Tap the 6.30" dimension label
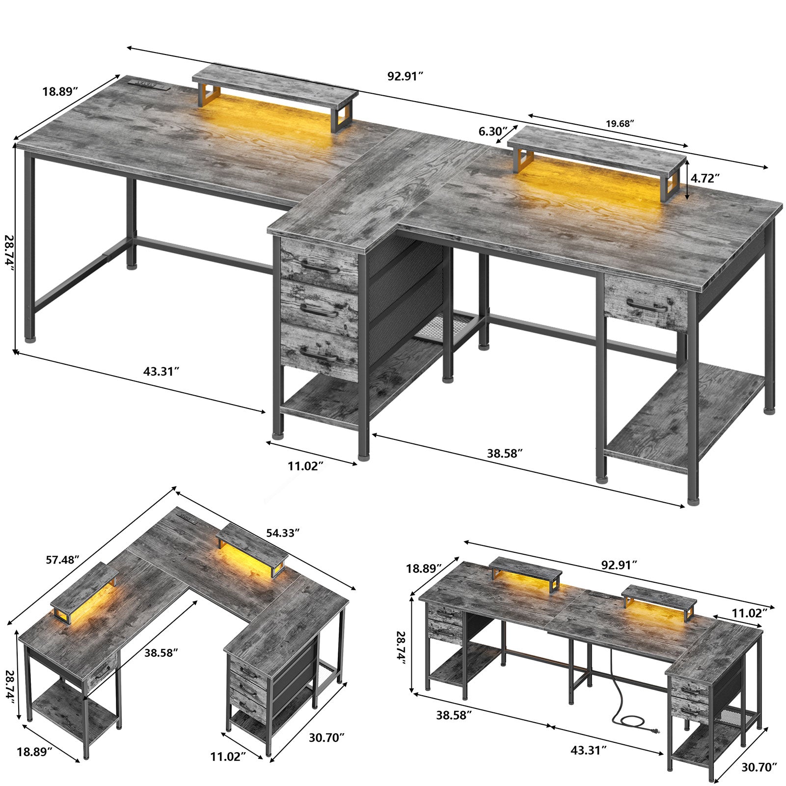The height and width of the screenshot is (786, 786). pyautogui.click(x=492, y=131)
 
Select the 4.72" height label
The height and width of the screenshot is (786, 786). pyautogui.click(x=705, y=179)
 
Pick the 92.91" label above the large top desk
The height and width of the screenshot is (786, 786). pyautogui.click(x=406, y=77)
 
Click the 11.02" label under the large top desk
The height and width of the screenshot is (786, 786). pyautogui.click(x=306, y=466)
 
